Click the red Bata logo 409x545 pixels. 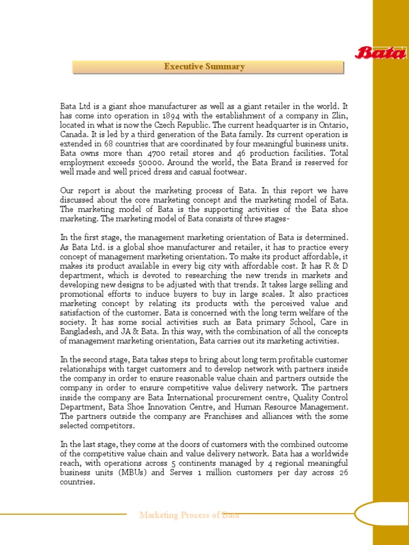381,53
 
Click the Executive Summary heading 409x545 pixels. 204,67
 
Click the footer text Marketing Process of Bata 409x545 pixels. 189,515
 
